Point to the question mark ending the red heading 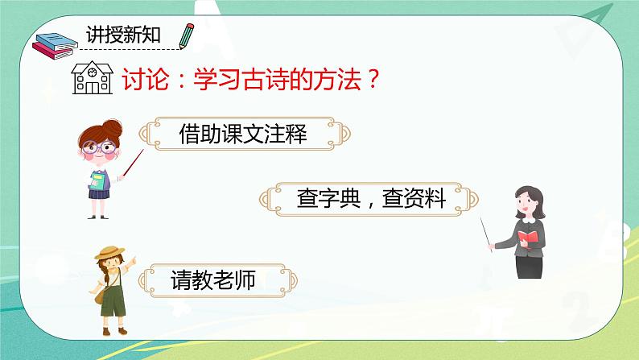tap(371, 81)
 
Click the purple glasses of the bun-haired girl tap(100, 148)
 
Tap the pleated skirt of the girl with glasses tap(100, 193)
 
